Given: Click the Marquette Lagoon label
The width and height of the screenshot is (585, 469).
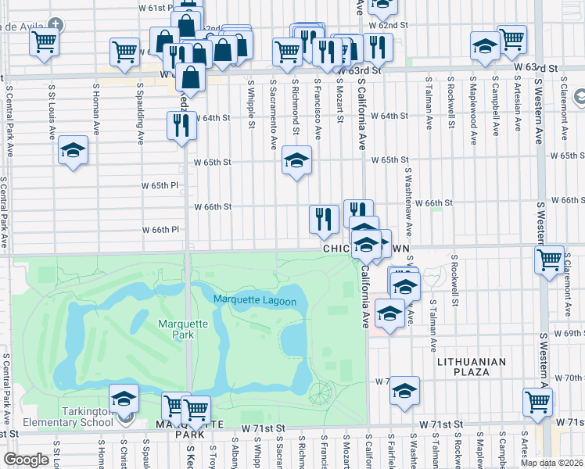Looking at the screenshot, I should [254, 301].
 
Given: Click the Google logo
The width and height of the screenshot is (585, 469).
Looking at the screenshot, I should [26, 460].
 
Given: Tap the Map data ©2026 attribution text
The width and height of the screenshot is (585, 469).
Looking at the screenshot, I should [551, 463].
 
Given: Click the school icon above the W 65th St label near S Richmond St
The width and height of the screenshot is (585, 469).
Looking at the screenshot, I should [296, 161].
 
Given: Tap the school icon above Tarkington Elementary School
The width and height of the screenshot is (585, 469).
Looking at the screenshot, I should [124, 399].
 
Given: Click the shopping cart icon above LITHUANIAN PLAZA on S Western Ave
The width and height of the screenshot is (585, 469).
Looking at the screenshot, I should [538, 402].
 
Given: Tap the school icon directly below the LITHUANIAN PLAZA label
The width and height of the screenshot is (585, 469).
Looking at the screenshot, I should [404, 391].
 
